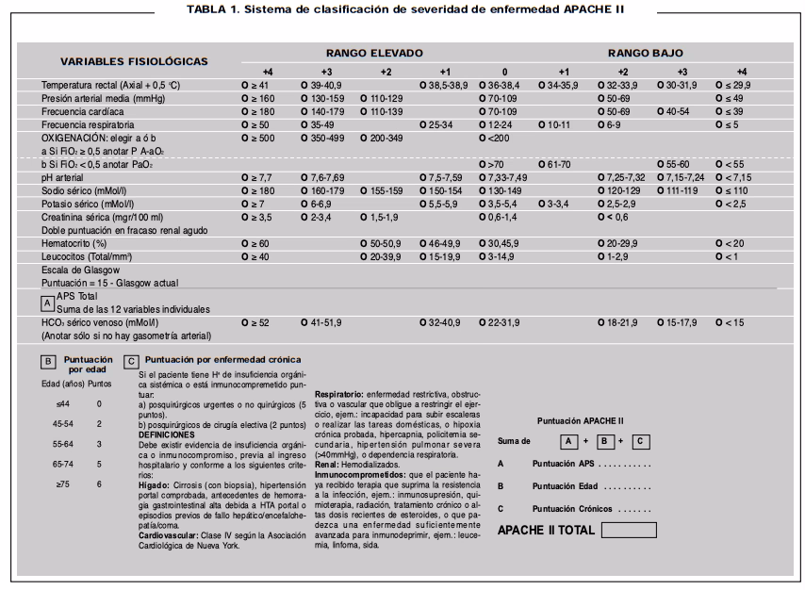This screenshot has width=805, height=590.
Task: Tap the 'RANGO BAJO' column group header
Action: point(646,54)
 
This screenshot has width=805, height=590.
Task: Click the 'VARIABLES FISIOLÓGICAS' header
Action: point(134,61)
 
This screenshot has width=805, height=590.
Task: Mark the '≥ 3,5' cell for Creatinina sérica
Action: point(256,217)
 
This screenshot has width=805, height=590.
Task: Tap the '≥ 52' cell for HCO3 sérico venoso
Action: point(255,323)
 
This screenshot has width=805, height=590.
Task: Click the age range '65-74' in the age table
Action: point(63,464)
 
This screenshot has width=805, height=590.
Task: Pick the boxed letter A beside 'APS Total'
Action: point(47,303)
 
